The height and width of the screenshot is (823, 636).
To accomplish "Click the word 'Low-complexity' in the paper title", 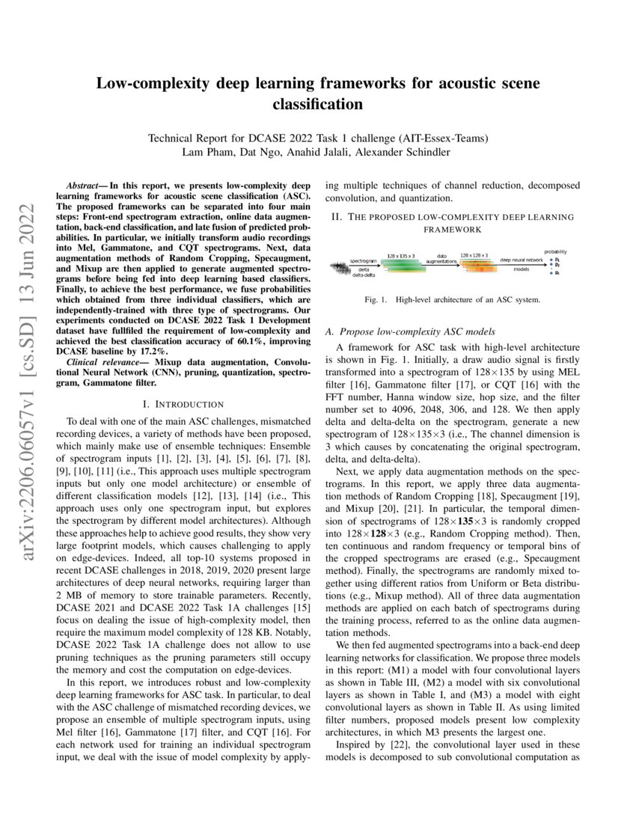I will tap(150, 83).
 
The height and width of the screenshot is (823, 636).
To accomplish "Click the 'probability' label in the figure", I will tap(554, 252).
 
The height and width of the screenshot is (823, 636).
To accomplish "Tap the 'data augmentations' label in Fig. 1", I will tap(441, 258).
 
